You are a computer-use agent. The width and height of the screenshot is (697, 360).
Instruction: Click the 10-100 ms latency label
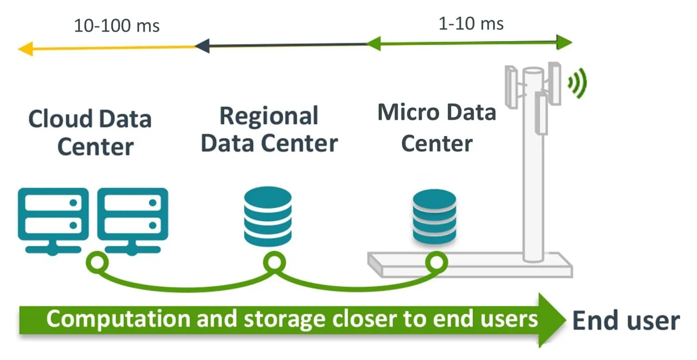tap(117, 26)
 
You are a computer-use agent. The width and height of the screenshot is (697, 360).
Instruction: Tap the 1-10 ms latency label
tap(471, 24)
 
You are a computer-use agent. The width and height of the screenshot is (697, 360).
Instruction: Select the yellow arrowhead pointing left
tap(26, 48)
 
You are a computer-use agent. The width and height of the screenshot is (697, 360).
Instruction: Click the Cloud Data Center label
tap(90, 133)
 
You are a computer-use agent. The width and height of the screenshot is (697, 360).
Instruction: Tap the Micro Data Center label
tap(436, 128)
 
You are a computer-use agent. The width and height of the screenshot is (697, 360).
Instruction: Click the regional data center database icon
tap(268, 216)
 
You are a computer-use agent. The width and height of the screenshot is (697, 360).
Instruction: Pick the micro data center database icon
tap(434, 216)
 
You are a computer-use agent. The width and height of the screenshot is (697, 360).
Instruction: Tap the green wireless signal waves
tap(578, 83)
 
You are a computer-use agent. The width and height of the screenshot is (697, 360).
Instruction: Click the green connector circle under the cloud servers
tap(98, 262)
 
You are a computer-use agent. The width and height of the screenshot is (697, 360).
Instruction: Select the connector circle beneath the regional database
tap(274, 262)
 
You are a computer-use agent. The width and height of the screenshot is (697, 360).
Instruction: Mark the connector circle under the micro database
tap(436, 262)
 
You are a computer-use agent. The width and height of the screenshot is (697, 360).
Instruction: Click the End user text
tap(625, 321)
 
